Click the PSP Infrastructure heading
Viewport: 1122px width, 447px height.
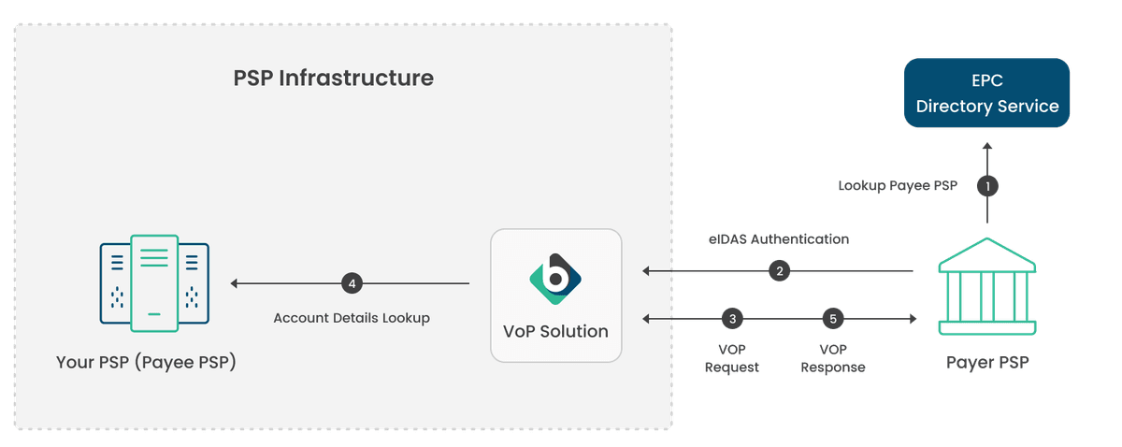point(333,78)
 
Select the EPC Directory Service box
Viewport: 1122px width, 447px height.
point(986,93)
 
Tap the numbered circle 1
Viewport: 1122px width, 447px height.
point(986,185)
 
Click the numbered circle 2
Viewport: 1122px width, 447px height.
point(778,271)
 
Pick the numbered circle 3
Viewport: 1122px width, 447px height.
point(732,319)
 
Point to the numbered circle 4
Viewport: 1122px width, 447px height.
point(352,282)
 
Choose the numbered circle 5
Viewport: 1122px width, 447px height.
point(834,319)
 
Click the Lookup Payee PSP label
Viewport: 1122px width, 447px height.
point(898,185)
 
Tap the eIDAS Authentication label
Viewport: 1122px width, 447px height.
point(778,239)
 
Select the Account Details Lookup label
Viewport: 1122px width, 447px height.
point(352,318)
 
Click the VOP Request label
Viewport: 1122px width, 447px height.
point(732,358)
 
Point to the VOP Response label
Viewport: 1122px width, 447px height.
point(834,358)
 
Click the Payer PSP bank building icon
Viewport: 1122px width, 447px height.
point(986,286)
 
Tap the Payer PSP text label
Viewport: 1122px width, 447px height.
point(986,362)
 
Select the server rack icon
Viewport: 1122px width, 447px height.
point(154,283)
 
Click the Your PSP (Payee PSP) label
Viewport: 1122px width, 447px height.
point(146,361)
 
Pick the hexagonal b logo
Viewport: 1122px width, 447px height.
point(555,279)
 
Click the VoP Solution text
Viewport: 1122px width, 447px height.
point(555,331)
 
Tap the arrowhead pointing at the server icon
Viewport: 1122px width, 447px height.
point(235,282)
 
